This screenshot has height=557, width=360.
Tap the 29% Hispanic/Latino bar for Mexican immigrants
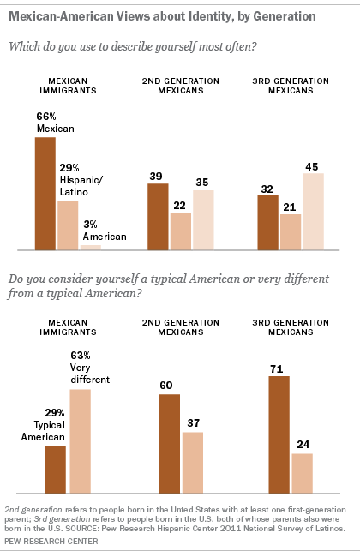tap(68, 225)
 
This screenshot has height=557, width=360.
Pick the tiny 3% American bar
tap(90, 247)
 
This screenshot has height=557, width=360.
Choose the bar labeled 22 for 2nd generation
tap(180, 231)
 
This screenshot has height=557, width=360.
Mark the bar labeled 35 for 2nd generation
tap(203, 219)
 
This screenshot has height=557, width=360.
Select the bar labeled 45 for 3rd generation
tap(314, 211)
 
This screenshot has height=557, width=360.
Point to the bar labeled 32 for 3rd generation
tap(267, 222)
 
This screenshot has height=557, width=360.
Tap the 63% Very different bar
tap(80, 441)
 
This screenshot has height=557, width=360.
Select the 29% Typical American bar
tap(56, 469)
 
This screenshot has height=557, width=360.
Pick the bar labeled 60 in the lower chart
tap(170, 444)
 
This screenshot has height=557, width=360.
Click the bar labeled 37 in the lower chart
tap(194, 463)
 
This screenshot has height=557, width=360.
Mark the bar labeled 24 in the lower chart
tap(302, 473)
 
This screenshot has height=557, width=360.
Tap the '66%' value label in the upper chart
tap(45, 116)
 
